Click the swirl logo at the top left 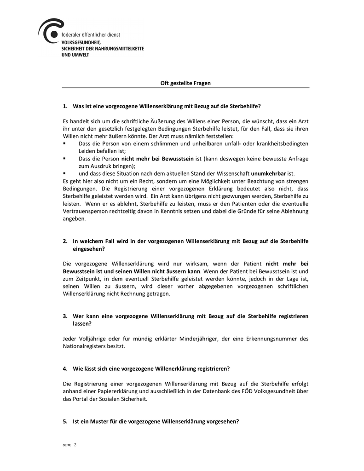pyautogui.click(x=50, y=31)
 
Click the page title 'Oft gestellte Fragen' pyautogui.click(x=185, y=83)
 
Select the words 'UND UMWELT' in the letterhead pyautogui.click(x=75, y=55)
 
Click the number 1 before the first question pyautogui.click(x=65, y=106)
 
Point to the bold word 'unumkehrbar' pyautogui.click(x=268, y=173)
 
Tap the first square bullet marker pyautogui.click(x=65, y=144)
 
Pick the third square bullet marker pyautogui.click(x=65, y=173)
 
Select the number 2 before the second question pyautogui.click(x=65, y=241)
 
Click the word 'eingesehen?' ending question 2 pyautogui.click(x=89, y=249)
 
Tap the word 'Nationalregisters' pyautogui.click(x=86, y=346)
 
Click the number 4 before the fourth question pyautogui.click(x=65, y=368)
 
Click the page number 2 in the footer pyautogui.click(x=75, y=445)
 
